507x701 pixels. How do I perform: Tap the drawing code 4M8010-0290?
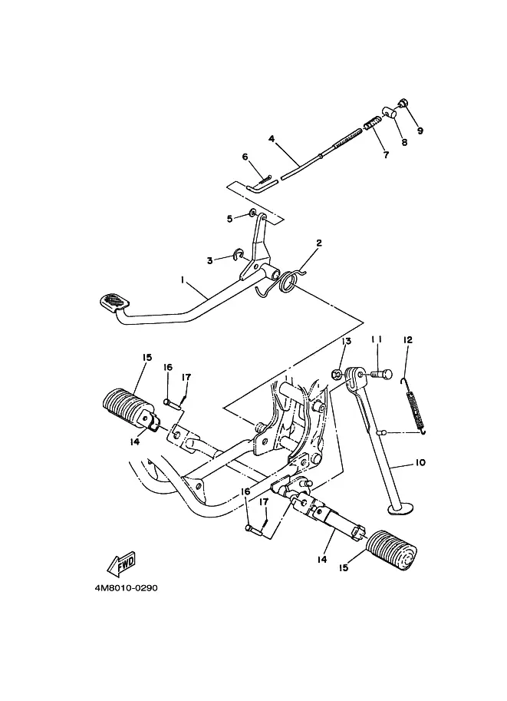pyautogui.click(x=126, y=588)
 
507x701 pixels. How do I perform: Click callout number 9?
pyautogui.click(x=420, y=131)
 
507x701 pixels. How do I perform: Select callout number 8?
pyautogui.click(x=404, y=143)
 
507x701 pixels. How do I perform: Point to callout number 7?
pyautogui.click(x=386, y=154)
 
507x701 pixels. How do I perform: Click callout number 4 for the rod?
pyautogui.click(x=272, y=139)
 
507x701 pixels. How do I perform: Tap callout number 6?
pyautogui.click(x=245, y=157)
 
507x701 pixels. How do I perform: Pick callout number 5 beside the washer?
pyautogui.click(x=230, y=219)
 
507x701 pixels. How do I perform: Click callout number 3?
pyautogui.click(x=210, y=260)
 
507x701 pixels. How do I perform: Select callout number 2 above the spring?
pyautogui.click(x=319, y=243)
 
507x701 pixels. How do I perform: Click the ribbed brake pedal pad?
pyautogui.click(x=114, y=302)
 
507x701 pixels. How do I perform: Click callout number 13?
pyautogui.click(x=347, y=341)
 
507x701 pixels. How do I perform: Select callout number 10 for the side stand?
pyautogui.click(x=420, y=462)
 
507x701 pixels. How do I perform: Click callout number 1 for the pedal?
pyautogui.click(x=183, y=279)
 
